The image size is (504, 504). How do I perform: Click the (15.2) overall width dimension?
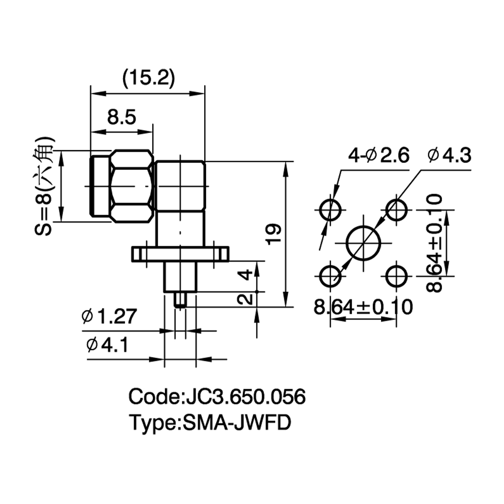149,78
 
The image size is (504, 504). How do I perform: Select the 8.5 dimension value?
121,117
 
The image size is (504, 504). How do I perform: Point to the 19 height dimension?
274,234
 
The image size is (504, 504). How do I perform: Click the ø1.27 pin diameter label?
109,316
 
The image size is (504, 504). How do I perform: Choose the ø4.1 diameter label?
107,345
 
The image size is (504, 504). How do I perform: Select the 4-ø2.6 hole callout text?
379,156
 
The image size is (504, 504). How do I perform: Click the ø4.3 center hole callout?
450,156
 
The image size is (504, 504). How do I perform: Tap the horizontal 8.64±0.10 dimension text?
363,306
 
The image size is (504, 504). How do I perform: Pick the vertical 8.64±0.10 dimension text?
434,243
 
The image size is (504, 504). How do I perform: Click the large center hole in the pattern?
363,243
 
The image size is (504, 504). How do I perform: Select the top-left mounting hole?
330,210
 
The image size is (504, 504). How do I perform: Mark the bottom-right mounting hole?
396,276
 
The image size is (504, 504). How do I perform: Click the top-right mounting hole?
396,210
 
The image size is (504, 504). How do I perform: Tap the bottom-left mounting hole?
330,276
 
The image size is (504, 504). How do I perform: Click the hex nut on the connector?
132,186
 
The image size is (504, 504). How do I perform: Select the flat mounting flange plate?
180,254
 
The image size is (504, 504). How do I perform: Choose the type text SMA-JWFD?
236,422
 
